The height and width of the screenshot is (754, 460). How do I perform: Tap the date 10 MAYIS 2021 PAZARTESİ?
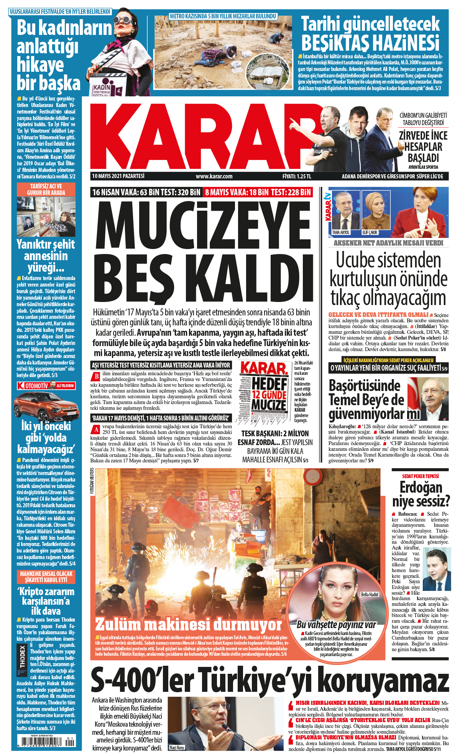pos(118,176)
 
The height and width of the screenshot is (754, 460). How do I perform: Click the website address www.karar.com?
pos(214,177)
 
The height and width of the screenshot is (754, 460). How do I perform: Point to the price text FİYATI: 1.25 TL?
pos(297,177)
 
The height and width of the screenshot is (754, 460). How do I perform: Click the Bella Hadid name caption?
pos(369,594)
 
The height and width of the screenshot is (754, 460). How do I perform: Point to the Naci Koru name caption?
pos(177,747)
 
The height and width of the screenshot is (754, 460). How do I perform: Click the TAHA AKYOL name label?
pos(340,233)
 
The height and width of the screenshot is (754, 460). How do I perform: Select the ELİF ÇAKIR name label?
pos(370,233)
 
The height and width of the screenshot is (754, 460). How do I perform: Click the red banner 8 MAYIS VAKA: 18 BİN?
pos(258,192)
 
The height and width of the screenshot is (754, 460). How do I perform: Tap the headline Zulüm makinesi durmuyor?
pos(188,624)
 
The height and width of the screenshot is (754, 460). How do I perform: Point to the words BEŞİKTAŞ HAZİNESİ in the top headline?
pos(370,42)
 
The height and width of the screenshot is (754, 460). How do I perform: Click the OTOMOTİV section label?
pos(36,386)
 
